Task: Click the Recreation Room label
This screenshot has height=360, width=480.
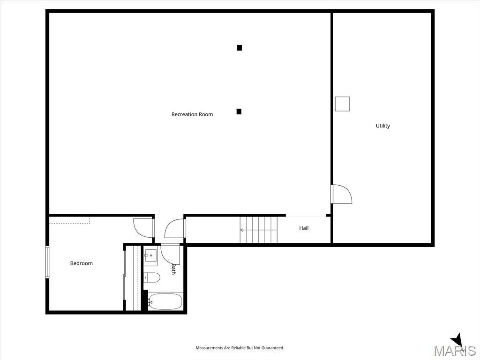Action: [x=192, y=114]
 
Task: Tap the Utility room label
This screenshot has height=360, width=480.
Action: [x=382, y=126]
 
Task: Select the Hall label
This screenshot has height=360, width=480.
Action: [x=304, y=228]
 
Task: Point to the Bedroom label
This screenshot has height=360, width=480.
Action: [x=81, y=263]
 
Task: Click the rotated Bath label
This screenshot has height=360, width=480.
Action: [x=173, y=269]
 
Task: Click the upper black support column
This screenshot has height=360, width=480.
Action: [x=240, y=48]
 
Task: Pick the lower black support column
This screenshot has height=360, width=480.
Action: [x=239, y=112]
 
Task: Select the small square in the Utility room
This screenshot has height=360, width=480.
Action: [x=342, y=104]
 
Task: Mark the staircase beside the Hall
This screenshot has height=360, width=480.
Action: [x=258, y=230]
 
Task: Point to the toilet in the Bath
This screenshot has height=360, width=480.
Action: [x=152, y=277]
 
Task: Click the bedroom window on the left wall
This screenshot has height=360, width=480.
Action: [x=47, y=262]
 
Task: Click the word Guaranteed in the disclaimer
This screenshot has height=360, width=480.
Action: [x=273, y=348]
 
